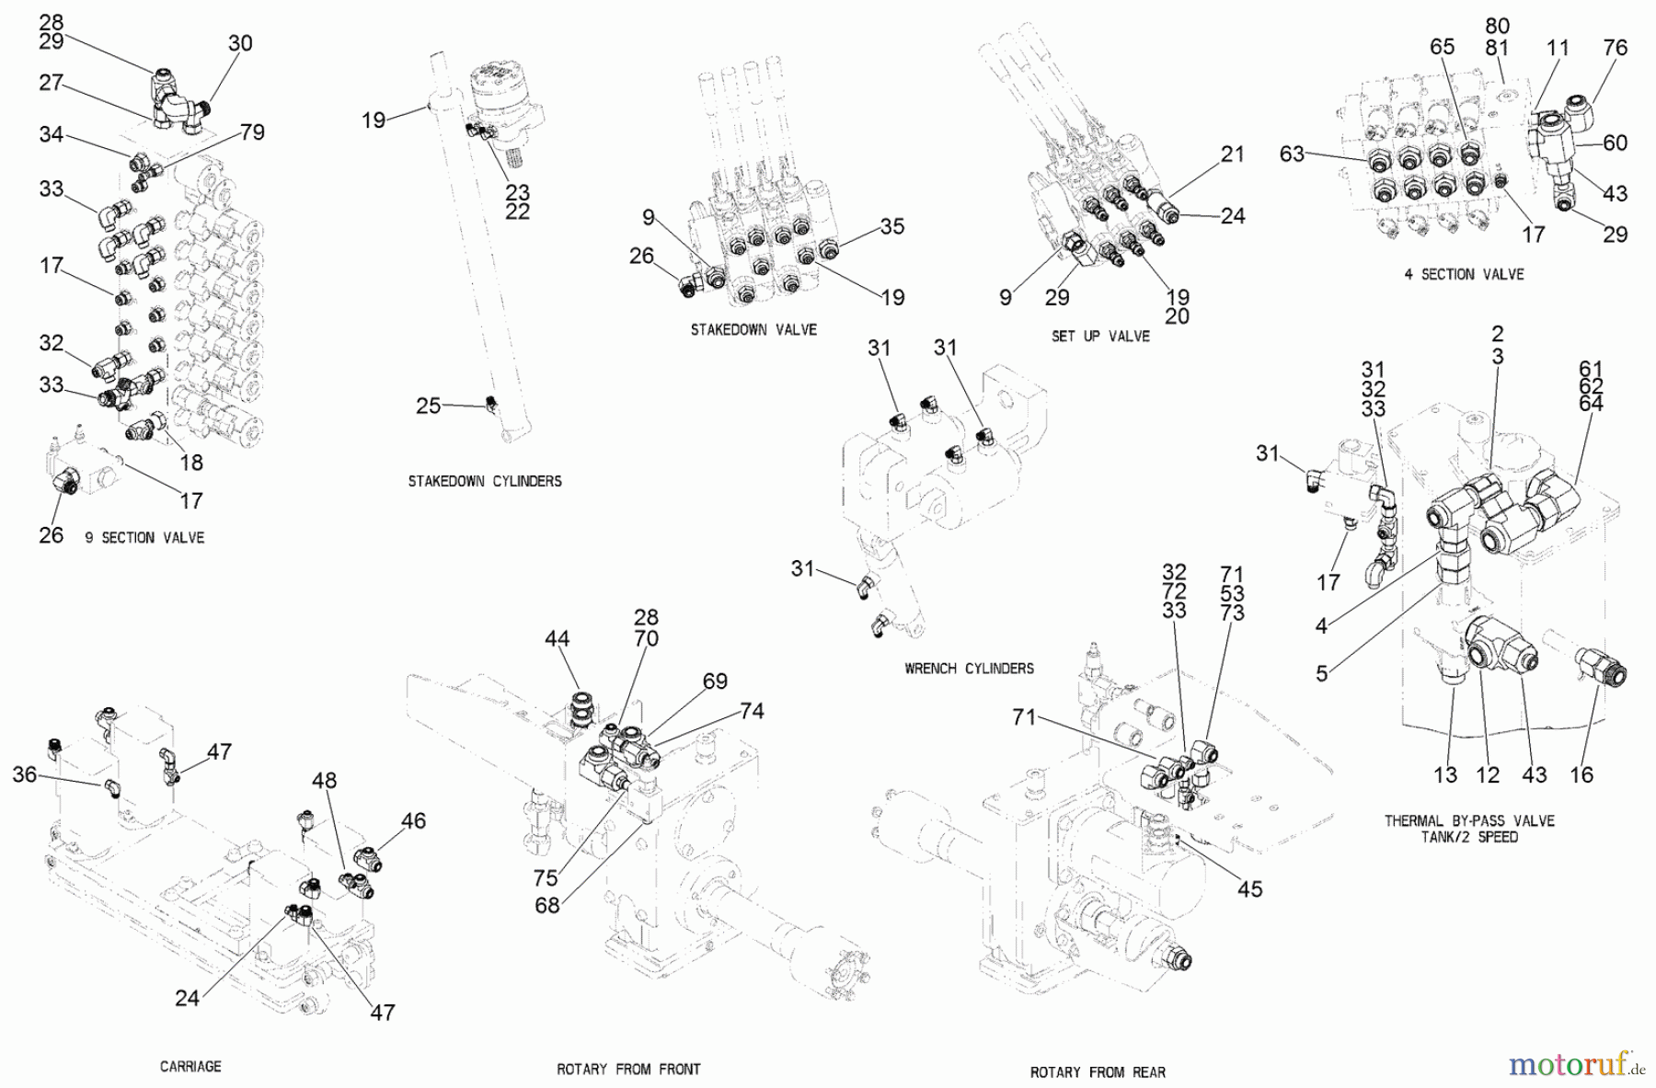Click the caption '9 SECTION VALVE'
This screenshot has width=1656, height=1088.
pyautogui.click(x=144, y=537)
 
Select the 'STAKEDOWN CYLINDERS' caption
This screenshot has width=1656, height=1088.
pyautogui.click(x=485, y=481)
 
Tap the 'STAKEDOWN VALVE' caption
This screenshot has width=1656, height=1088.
pyautogui.click(x=753, y=329)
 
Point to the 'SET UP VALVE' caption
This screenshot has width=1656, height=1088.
pyautogui.click(x=1100, y=337)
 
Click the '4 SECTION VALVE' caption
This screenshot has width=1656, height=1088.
pyautogui.click(x=1464, y=274)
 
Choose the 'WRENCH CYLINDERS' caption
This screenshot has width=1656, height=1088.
pyautogui.click(x=969, y=669)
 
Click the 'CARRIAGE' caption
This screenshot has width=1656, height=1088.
pyautogui.click(x=190, y=1066)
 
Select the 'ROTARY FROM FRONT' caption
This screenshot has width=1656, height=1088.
pyautogui.click(x=628, y=1070)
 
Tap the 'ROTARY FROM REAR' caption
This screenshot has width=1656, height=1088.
pyautogui.click(x=1098, y=1072)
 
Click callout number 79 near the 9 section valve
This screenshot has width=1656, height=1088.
pyautogui.click(x=252, y=132)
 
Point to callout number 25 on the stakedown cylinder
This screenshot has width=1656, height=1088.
pyautogui.click(x=429, y=406)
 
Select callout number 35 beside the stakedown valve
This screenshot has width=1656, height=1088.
pyautogui.click(x=891, y=226)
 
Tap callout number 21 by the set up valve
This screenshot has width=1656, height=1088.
pyautogui.click(x=1232, y=155)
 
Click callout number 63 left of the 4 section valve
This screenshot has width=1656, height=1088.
pyautogui.click(x=1293, y=154)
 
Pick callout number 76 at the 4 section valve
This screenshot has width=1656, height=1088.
pyautogui.click(x=1616, y=48)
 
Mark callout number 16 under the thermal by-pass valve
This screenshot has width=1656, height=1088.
pyautogui.click(x=1581, y=774)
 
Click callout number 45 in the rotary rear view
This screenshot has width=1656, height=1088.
pyautogui.click(x=1249, y=888)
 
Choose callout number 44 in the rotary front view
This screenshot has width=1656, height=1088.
pyautogui.click(x=557, y=638)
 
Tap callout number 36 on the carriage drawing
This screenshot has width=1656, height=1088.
pyautogui.click(x=25, y=774)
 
